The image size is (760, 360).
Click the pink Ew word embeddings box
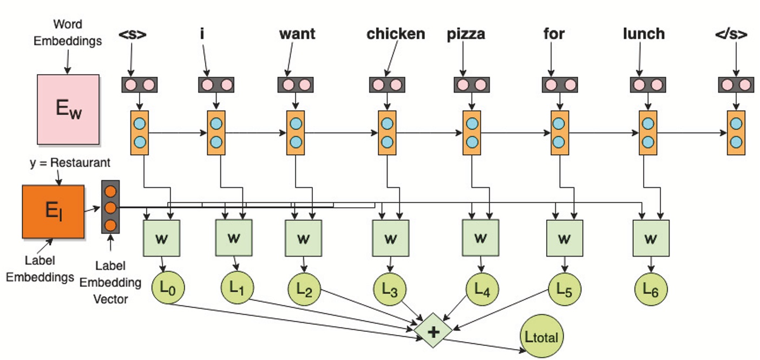[68, 109]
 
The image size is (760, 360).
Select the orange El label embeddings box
[53, 212]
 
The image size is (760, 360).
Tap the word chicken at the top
[396, 34]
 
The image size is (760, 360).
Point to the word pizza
[466, 34]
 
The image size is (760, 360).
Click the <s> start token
[133, 34]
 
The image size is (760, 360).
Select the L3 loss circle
[390, 290]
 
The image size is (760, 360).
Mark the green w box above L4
[480, 238]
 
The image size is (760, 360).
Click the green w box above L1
[234, 238]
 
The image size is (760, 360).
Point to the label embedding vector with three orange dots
[110, 207]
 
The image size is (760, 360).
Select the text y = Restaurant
[70, 162]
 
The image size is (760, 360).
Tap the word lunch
[644, 34]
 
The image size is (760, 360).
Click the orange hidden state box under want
[295, 133]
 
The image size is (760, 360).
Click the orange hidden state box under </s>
[736, 133]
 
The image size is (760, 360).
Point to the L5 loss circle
[565, 290]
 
